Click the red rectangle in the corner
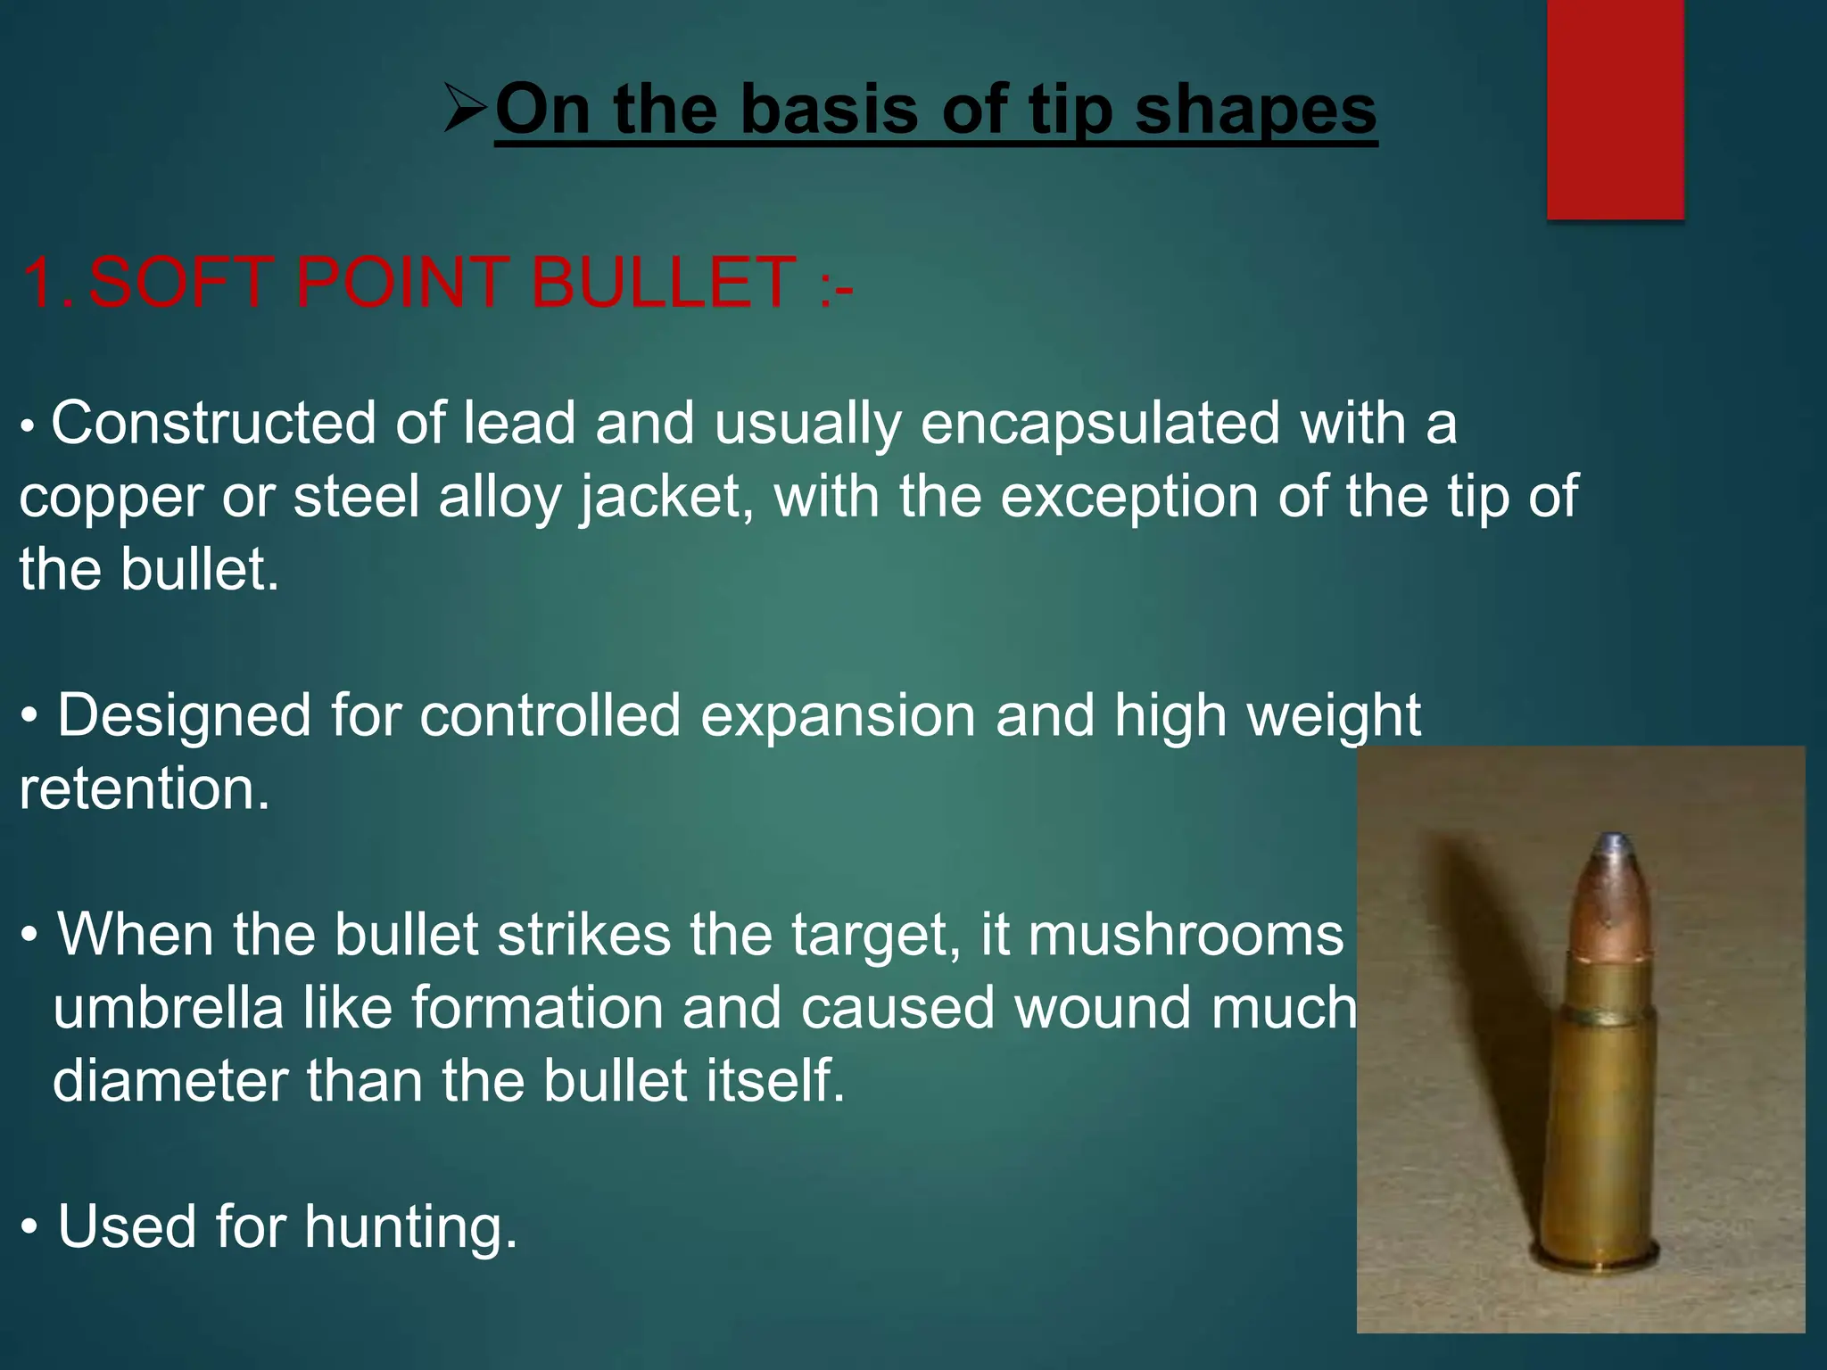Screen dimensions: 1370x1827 (1615, 109)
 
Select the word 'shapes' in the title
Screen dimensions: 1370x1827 (1256, 111)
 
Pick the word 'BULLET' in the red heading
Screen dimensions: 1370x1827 (663, 283)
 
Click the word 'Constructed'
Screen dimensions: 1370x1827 (213, 423)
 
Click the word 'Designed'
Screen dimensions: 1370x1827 (184, 715)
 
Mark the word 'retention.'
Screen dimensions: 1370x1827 (144, 789)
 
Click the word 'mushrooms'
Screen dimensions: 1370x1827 (1186, 935)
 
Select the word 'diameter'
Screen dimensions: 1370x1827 (169, 1081)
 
